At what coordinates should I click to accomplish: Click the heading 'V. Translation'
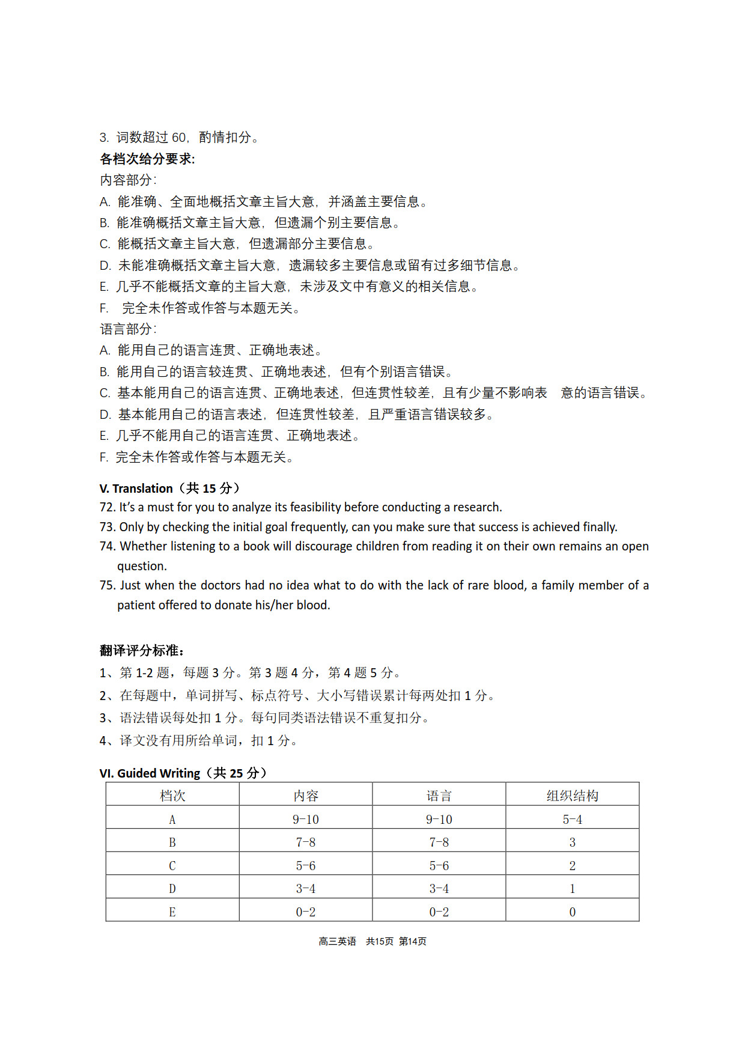tap(136, 488)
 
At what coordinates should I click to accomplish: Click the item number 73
tap(108, 527)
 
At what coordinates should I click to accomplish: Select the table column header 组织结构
tap(572, 796)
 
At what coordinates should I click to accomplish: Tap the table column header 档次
tap(172, 796)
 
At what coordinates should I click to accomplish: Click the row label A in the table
tap(172, 820)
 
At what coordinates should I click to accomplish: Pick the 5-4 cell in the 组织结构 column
tap(572, 820)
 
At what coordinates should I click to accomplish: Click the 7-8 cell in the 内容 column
tap(306, 842)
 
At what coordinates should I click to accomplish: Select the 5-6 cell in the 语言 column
tap(439, 866)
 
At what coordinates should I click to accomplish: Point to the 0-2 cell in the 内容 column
tap(306, 912)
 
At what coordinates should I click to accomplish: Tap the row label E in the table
tap(172, 912)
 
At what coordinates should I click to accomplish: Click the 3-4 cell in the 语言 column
tap(439, 889)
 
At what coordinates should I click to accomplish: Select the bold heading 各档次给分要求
tap(146, 159)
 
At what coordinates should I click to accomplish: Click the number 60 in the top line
tap(179, 138)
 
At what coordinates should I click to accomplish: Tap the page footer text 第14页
tap(413, 941)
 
